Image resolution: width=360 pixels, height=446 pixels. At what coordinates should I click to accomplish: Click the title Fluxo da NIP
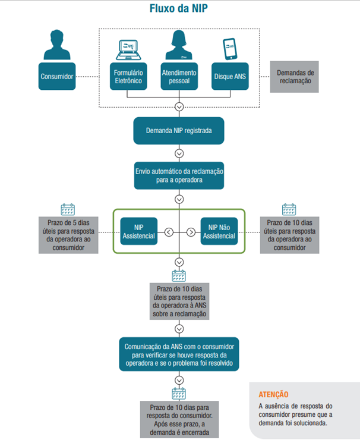coord(179,9)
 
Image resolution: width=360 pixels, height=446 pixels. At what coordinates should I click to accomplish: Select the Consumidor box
coord(57,76)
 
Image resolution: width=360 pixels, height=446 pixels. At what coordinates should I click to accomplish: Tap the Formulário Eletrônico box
coord(128,76)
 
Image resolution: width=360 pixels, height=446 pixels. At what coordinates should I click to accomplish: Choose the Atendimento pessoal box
coord(179,76)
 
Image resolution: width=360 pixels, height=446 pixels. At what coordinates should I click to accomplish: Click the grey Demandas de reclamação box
coord(295,77)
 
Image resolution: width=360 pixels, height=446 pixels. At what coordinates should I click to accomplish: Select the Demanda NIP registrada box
coord(179,130)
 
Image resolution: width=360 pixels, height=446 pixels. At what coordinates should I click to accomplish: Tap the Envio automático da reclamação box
coord(179,174)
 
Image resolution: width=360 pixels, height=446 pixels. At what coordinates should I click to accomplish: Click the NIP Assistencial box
coord(138,231)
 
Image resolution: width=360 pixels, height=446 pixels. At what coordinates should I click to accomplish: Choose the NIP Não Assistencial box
coord(219,231)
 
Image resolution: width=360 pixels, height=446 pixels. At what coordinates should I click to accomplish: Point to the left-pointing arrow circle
coord(169,232)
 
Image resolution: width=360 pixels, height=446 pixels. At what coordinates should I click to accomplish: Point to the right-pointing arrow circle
coord(191,232)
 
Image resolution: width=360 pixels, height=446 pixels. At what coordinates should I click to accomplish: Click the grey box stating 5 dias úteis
coord(68,236)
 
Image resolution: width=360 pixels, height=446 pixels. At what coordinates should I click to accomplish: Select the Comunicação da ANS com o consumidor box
coord(179,354)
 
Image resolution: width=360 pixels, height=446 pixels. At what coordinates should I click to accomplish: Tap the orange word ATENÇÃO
coord(273,394)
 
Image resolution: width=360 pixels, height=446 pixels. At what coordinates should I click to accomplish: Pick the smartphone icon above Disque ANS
coord(230,46)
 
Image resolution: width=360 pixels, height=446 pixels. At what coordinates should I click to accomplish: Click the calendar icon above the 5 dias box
coord(68,209)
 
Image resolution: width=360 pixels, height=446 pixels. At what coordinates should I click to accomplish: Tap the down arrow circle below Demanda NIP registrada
coord(179,153)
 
